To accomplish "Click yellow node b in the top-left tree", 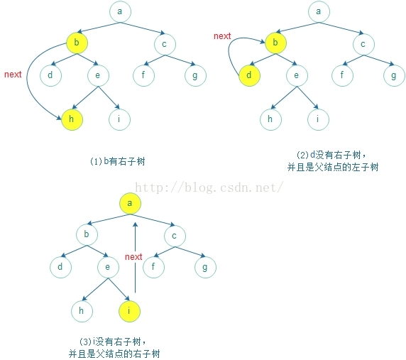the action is pyautogui.click(x=77, y=43).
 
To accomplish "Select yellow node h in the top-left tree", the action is pyautogui.click(x=72, y=119).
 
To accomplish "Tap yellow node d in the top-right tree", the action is pyautogui.click(x=249, y=75).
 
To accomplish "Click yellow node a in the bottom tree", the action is pyautogui.click(x=130, y=203).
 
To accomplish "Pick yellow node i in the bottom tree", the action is pyautogui.click(x=129, y=311).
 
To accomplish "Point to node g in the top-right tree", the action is pyautogui.click(x=394, y=75).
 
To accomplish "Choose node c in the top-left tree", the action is pyautogui.click(x=165, y=44).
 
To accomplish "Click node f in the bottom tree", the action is pyautogui.click(x=153, y=267).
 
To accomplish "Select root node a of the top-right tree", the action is pyautogui.click(x=319, y=11).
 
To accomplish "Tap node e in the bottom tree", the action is pyautogui.click(x=108, y=267).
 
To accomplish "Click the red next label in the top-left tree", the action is pyautogui.click(x=13, y=75).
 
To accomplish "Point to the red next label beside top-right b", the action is pyautogui.click(x=222, y=36).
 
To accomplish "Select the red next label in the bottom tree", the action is pyautogui.click(x=133, y=257).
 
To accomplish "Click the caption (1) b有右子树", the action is pyautogui.click(x=118, y=161).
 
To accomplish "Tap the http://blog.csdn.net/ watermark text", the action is pyautogui.click(x=209, y=187).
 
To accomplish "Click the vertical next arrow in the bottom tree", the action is pyautogui.click(x=135, y=258).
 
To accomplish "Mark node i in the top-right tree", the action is pyautogui.click(x=318, y=119).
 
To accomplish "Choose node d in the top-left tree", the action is pyautogui.click(x=51, y=75).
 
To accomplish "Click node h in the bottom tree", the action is pyautogui.click(x=82, y=311).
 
